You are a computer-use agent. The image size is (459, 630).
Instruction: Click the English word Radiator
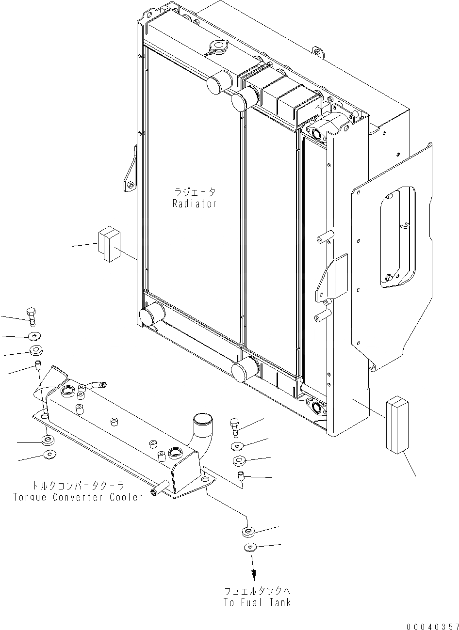pos(194,204)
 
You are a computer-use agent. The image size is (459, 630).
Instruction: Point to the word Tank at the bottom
pos(279,602)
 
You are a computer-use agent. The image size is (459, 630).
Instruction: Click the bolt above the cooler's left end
pos(32,316)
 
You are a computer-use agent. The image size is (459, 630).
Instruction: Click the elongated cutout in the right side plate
pos(398,237)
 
